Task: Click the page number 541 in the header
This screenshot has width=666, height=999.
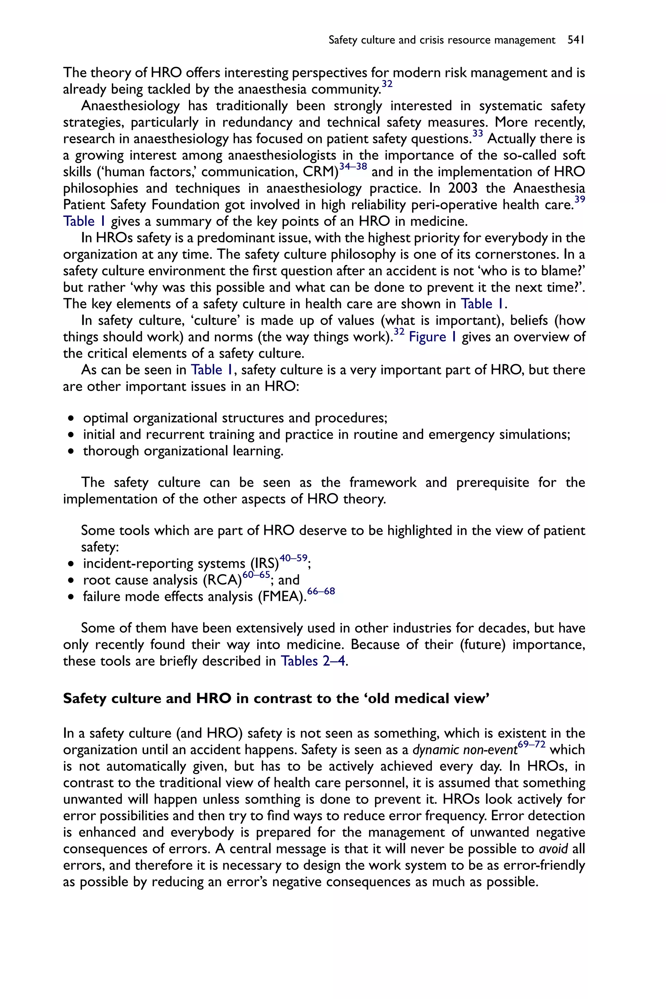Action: tap(576, 40)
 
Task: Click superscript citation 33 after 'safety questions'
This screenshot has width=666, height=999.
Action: tap(477, 134)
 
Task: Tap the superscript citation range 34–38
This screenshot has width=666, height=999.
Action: tap(353, 167)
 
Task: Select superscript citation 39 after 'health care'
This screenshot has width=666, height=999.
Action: tap(580, 200)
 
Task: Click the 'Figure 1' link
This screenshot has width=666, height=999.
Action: tap(433, 337)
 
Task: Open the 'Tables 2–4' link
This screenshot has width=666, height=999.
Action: tap(313, 661)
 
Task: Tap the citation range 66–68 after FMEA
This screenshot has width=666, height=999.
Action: tap(321, 591)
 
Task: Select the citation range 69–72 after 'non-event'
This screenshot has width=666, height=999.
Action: tap(531, 745)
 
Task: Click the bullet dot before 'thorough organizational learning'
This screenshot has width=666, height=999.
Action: tap(71, 451)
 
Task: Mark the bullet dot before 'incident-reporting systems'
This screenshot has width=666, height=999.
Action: tap(71, 564)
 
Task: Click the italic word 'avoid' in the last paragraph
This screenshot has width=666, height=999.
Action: tap(553, 849)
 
